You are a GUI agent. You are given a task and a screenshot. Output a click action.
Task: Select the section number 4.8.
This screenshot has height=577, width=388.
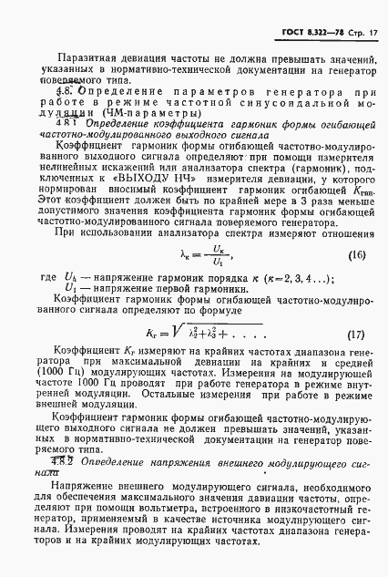point(66,93)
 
